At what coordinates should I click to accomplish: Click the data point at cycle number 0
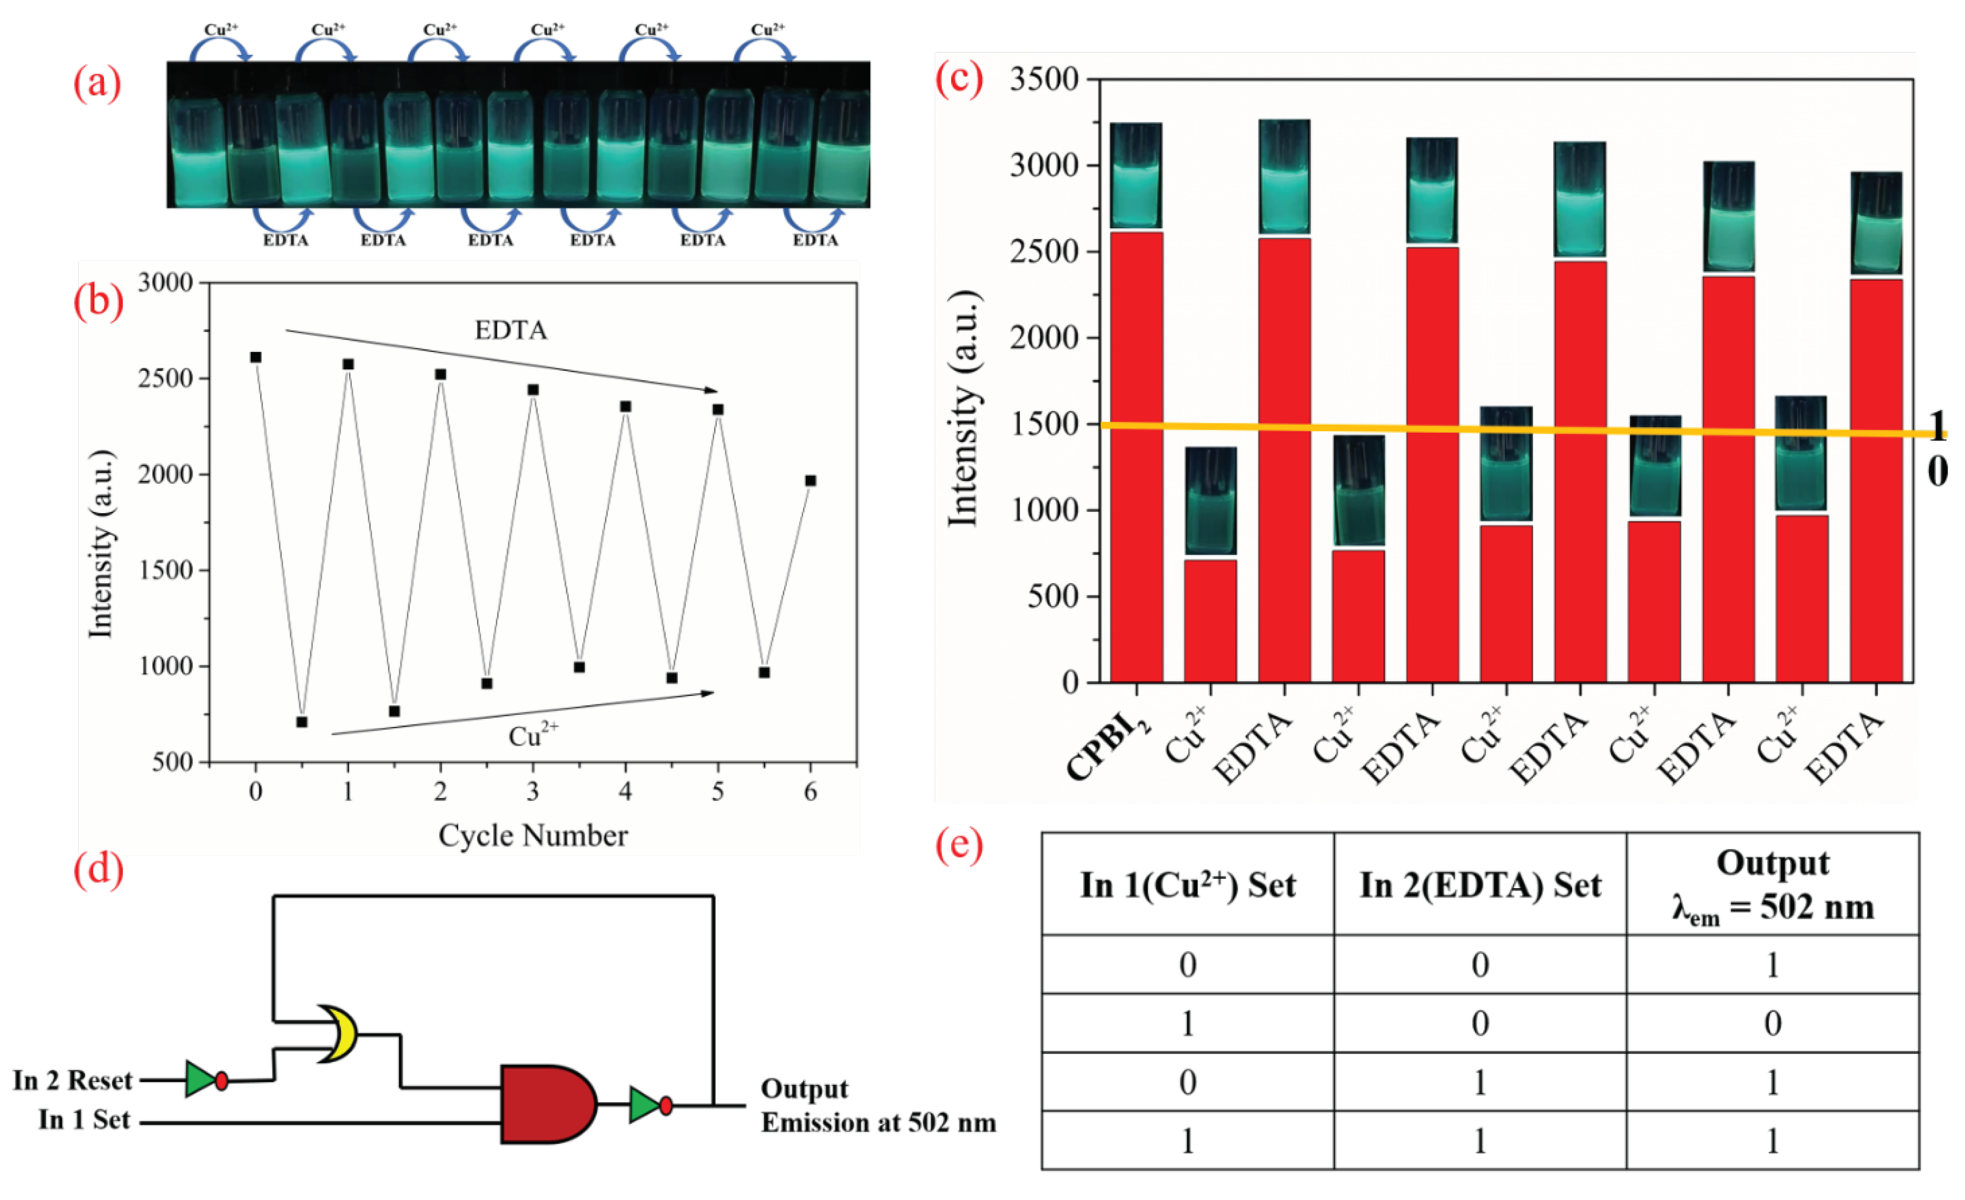click(256, 357)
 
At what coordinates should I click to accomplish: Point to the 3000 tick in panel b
click(166, 283)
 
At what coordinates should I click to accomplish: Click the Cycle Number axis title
click(533, 835)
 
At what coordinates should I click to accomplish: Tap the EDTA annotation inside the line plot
click(510, 330)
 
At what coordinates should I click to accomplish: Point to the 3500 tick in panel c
click(1044, 79)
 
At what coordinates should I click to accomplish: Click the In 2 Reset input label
click(73, 1080)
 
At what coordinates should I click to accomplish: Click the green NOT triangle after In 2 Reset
click(201, 1080)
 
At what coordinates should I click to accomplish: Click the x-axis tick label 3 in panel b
click(533, 792)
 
